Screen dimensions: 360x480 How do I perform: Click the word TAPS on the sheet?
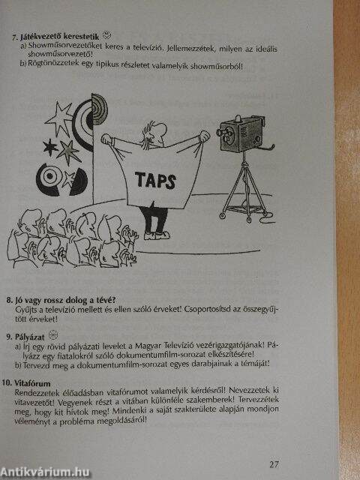pos(155,180)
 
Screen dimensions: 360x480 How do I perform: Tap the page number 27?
pos(274,464)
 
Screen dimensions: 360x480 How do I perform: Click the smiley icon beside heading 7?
pos(106,34)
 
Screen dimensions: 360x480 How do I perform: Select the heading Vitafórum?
pos(33,383)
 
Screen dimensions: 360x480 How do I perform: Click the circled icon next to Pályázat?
pos(52,335)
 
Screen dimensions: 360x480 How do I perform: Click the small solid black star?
pos(50,147)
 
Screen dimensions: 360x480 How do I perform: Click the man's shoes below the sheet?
pos(157,235)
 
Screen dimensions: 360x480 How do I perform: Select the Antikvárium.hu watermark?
pos(45,472)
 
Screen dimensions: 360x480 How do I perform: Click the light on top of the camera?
pos(238,118)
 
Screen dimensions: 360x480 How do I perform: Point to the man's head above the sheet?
pos(155,131)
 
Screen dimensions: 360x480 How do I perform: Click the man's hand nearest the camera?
pos(204,136)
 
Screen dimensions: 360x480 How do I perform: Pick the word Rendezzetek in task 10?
pos(34,391)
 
